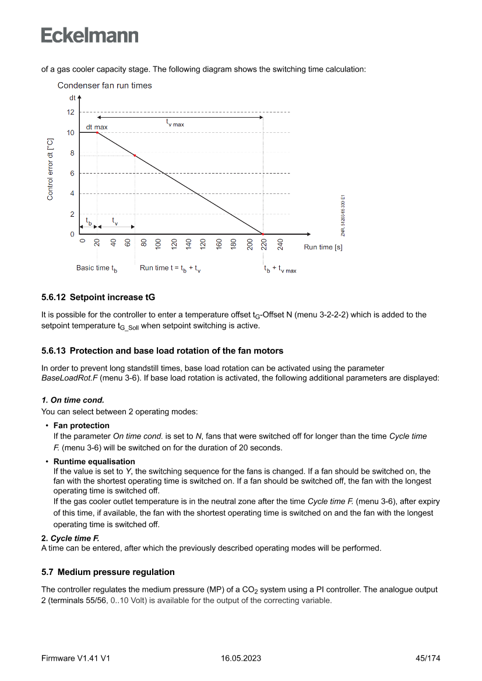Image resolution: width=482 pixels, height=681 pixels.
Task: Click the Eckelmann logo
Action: [90, 36]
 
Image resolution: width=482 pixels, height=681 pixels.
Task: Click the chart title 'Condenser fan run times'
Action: [104, 86]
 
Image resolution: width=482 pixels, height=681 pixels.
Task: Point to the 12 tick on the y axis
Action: [71, 112]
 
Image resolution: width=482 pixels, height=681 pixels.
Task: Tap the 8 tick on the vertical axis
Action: [72, 153]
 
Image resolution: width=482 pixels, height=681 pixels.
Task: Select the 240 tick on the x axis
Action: [280, 245]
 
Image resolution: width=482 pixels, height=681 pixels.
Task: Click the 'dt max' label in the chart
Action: [97, 126]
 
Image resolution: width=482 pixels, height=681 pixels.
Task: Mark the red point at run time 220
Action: [263, 234]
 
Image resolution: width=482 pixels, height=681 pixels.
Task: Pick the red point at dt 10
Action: [97, 133]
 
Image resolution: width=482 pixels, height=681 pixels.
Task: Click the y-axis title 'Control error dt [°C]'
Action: [50, 170]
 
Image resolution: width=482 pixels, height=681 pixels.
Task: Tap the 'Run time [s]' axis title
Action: [323, 247]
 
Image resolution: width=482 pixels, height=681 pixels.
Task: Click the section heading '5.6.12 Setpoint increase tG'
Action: [98, 297]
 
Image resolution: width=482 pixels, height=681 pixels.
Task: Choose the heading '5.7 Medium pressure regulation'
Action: [108, 572]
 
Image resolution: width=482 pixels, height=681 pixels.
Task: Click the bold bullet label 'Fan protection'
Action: [82, 425]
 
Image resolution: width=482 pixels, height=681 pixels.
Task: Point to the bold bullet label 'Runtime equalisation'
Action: [94, 461]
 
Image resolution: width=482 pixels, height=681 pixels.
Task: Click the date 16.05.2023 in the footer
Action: [241, 658]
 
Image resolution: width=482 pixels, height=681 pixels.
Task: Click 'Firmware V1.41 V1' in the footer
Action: [76, 658]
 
